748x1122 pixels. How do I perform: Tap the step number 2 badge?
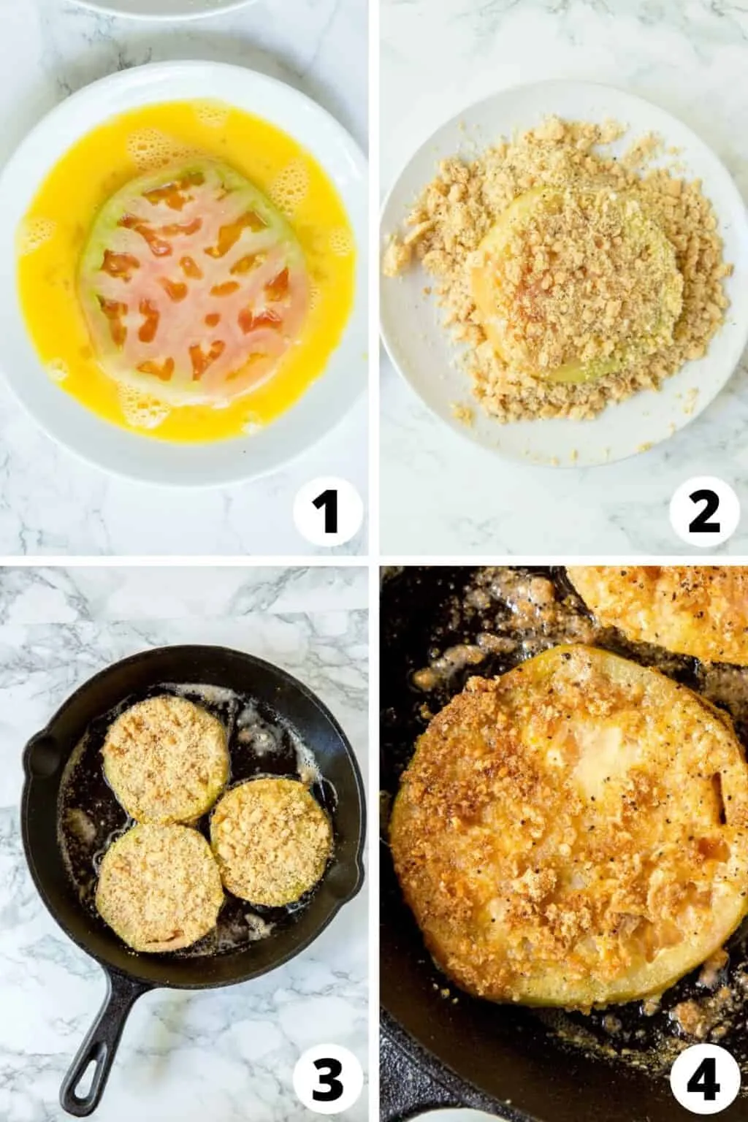[x=703, y=511]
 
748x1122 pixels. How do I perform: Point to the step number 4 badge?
[x=703, y=1079]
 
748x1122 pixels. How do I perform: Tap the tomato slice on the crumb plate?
[x=577, y=285]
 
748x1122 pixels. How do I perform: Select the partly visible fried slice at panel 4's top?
[x=657, y=606]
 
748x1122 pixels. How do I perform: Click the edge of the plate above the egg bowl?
[x=168, y=7]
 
